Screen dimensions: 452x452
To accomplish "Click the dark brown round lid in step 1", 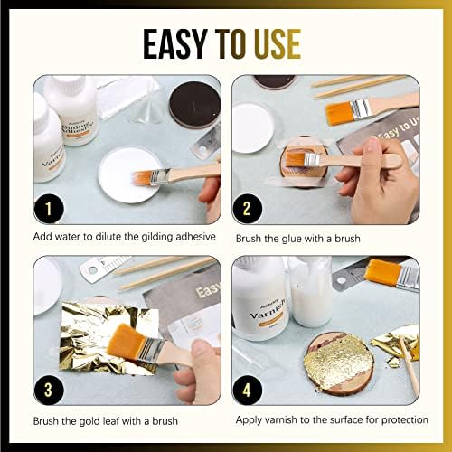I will point(193,103).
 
